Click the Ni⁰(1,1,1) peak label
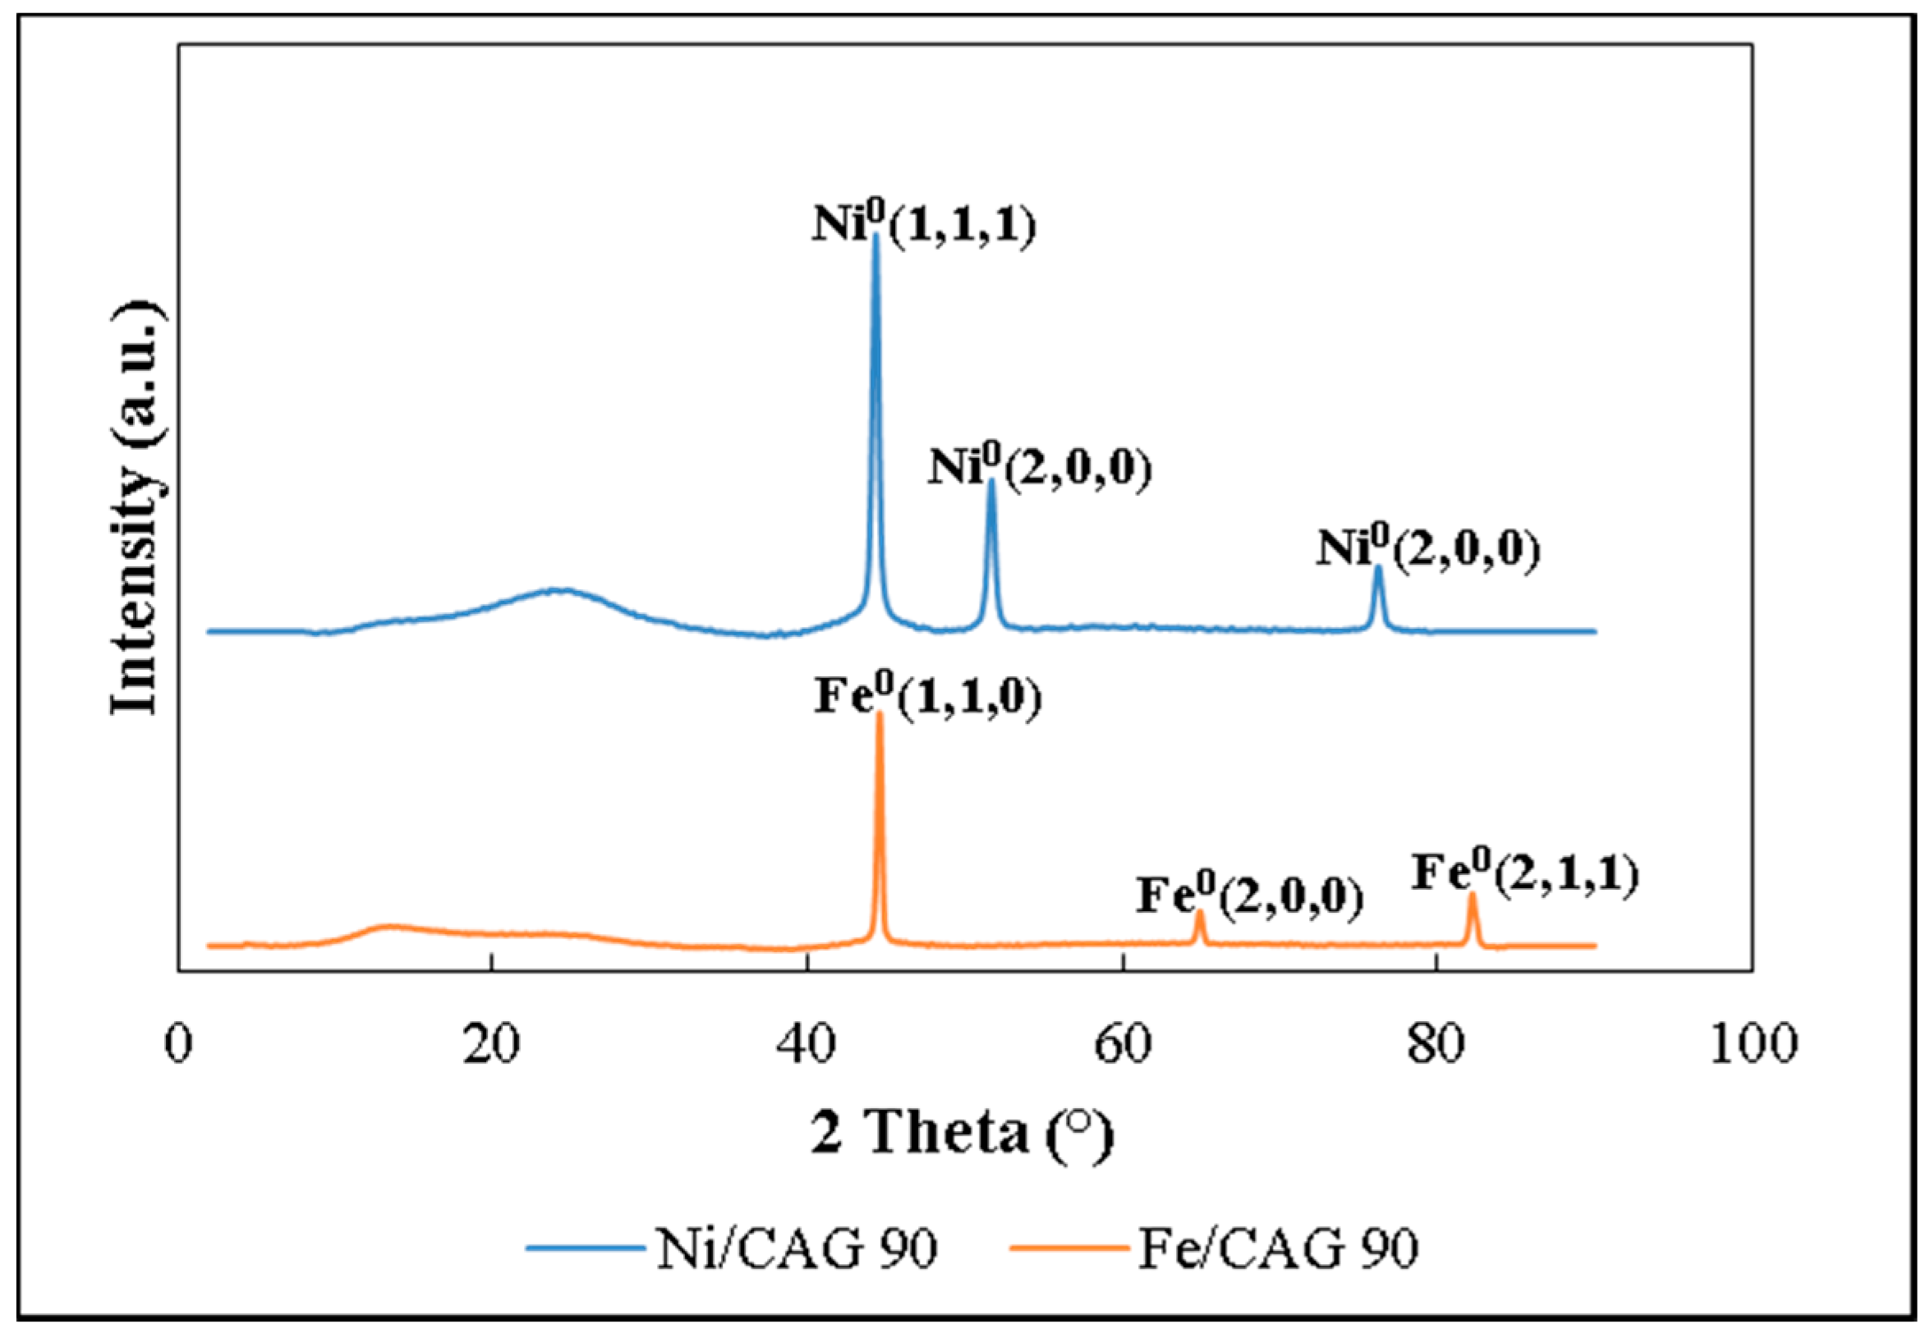point(923,226)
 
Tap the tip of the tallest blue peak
point(875,237)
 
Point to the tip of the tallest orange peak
point(878,715)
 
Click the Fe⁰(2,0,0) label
point(1249,896)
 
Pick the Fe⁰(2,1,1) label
point(1525,873)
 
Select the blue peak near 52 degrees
point(991,483)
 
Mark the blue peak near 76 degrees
point(1378,570)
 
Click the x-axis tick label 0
point(178,1044)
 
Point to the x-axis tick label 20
point(493,1044)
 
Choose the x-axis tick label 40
point(807,1044)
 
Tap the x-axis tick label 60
point(1122,1044)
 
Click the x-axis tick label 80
point(1436,1044)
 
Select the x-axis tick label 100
point(1751,1044)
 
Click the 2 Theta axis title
point(963,1135)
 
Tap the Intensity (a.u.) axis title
point(136,510)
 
